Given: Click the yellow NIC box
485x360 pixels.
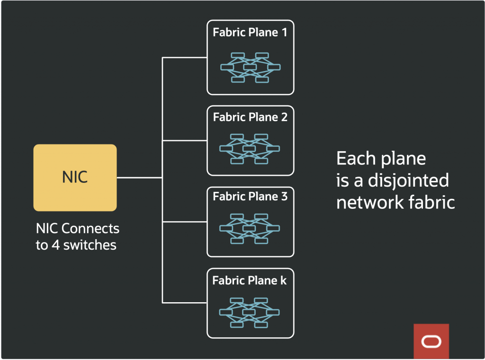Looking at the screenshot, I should point(75,178).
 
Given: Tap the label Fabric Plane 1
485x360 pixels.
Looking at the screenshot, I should point(250,33).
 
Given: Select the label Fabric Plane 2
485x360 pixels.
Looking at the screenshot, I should point(250,117).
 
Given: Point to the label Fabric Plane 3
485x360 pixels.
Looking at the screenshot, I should point(250,196).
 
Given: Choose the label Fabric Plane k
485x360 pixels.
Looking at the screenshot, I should point(250,280).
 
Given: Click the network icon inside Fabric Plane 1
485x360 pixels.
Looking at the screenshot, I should point(250,67).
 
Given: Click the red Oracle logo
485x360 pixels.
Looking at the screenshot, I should point(431,341).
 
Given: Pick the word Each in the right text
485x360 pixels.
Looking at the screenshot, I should point(352,159).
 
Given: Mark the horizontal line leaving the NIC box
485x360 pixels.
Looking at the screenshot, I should point(139,178).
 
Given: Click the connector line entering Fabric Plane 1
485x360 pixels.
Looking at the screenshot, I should point(185,57).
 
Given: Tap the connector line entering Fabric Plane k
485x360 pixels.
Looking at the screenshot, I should point(185,303).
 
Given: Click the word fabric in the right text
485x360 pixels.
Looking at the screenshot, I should point(431,202).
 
